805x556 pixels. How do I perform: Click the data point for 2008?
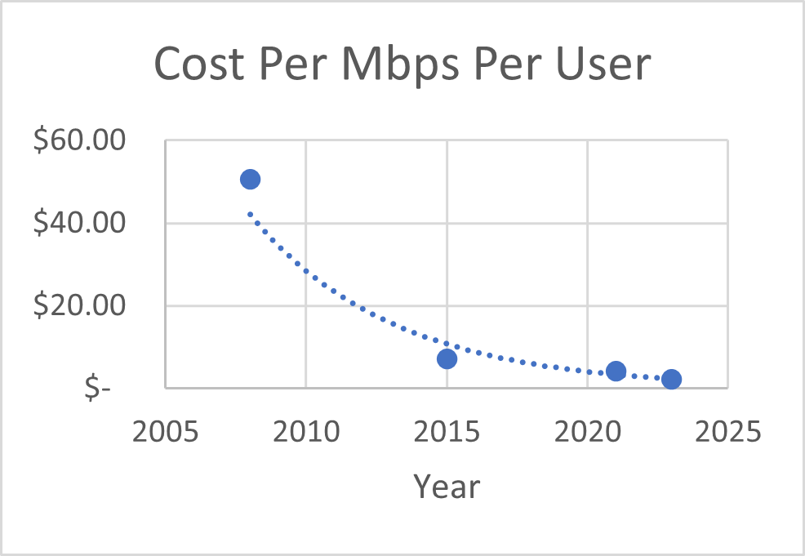click(x=251, y=180)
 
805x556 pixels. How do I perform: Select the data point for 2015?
click(x=447, y=358)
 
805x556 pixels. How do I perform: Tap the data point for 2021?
click(x=616, y=371)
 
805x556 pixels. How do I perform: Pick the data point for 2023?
click(x=672, y=379)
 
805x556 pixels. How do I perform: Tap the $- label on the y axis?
click(x=98, y=389)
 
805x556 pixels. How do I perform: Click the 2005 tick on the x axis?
click(x=166, y=430)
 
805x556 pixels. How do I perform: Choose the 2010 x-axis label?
click(x=306, y=430)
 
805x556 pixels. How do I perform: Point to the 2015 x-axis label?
click(x=447, y=430)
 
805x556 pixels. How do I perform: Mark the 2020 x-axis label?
click(x=588, y=430)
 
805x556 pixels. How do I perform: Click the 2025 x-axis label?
click(x=727, y=430)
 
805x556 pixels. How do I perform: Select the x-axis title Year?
click(x=447, y=487)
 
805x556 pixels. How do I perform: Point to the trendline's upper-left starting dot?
click(x=251, y=214)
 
